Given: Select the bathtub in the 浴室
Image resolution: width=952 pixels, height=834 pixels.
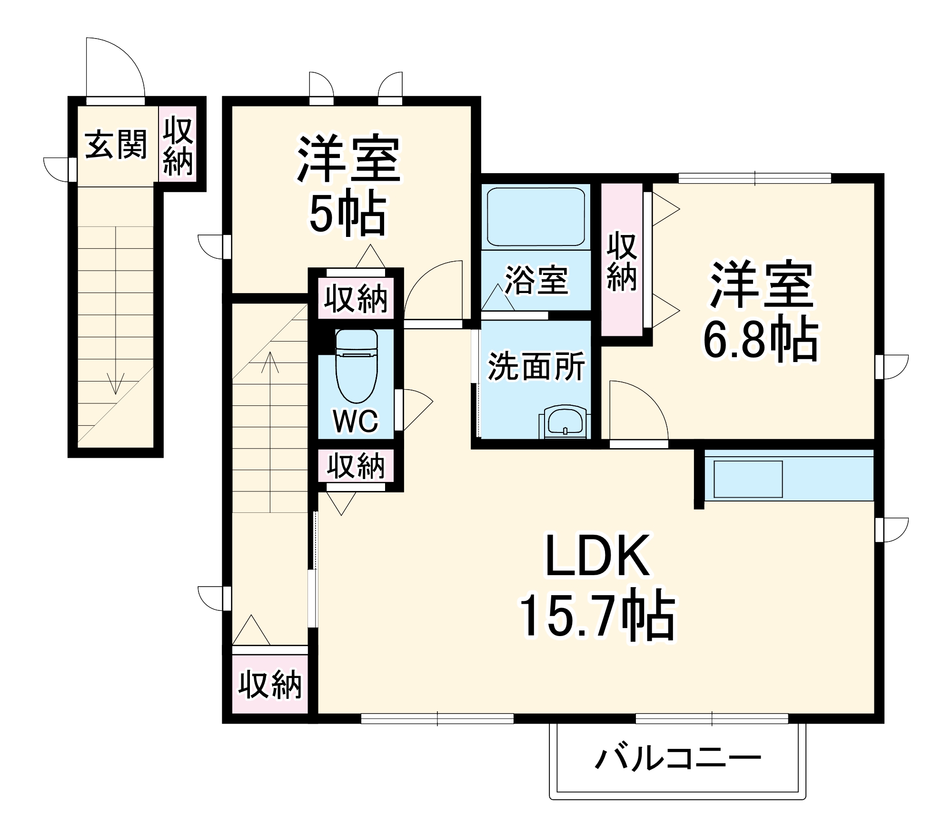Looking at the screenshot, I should tap(536, 217).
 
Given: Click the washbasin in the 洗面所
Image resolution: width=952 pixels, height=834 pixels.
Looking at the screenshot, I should tap(565, 422).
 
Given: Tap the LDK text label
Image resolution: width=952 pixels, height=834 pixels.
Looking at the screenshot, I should tap(597, 556).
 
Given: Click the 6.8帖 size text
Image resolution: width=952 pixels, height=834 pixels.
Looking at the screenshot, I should tap(760, 340).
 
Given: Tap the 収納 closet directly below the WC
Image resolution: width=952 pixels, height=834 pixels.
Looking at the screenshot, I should tap(356, 466).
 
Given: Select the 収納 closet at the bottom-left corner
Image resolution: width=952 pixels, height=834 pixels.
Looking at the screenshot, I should tap(269, 686).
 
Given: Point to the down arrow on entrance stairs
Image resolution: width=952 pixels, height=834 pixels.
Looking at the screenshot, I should tap(116, 381).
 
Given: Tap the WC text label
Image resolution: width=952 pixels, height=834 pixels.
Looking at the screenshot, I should tap(356, 421).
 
